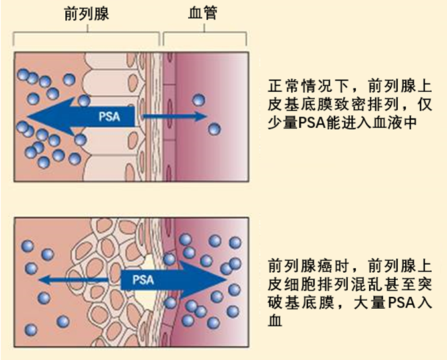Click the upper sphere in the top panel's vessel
pos(198,100)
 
